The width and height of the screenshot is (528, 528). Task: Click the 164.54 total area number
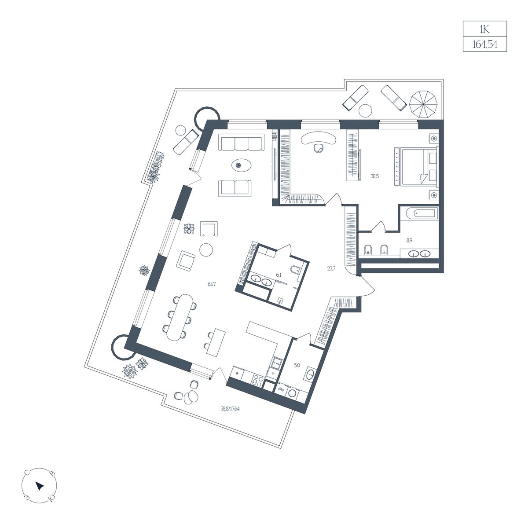coord(484,44)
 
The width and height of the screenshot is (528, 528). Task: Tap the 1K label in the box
coord(484,29)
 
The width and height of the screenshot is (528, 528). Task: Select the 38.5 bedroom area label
coord(374,176)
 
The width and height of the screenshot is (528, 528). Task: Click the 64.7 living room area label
coord(212,284)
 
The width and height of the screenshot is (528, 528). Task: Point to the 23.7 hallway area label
coord(331,268)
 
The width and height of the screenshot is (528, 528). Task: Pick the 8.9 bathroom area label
coord(409,240)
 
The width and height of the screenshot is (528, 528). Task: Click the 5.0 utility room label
coord(297,365)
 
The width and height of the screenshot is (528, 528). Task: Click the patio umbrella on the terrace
coord(423,104)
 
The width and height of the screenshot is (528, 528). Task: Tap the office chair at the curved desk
coord(318,147)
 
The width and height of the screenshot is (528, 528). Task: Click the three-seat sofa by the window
coord(241,142)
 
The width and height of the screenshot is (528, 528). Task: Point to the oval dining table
coord(179,317)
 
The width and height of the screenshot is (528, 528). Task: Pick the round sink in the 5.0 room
coord(309,374)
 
